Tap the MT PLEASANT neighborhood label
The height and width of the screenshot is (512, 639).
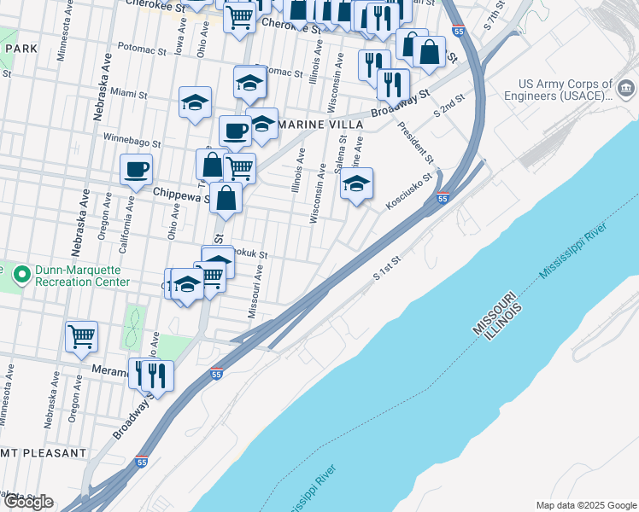click(x=44, y=452)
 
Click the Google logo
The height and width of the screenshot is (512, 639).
click(x=28, y=501)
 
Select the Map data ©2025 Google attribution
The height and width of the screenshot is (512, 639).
click(x=586, y=505)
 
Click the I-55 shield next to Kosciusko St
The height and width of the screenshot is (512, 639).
click(x=443, y=199)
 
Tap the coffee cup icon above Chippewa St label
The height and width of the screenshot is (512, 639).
click(x=136, y=169)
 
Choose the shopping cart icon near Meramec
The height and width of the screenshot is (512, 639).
click(x=81, y=335)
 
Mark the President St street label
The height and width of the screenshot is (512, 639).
click(x=417, y=144)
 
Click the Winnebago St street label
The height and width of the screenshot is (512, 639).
click(x=132, y=140)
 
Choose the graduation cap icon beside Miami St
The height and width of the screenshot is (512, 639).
click(x=195, y=102)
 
